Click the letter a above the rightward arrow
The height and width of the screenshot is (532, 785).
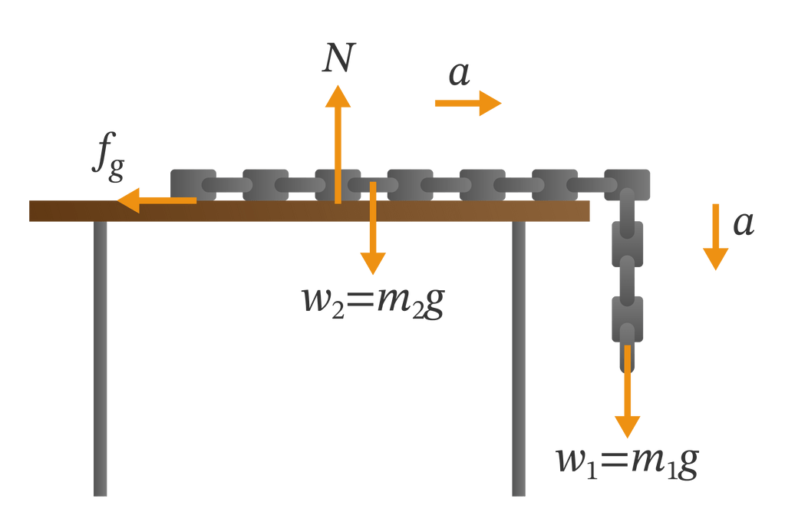pyautogui.click(x=459, y=74)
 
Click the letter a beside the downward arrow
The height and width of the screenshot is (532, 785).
pyautogui.click(x=743, y=223)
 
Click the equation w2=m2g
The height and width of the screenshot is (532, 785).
pyautogui.click(x=374, y=301)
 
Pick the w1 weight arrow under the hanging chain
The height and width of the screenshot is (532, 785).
pyautogui.click(x=628, y=392)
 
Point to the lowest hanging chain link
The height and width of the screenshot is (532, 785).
pyautogui.click(x=627, y=319)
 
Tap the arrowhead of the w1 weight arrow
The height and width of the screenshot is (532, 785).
pyautogui.click(x=628, y=425)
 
